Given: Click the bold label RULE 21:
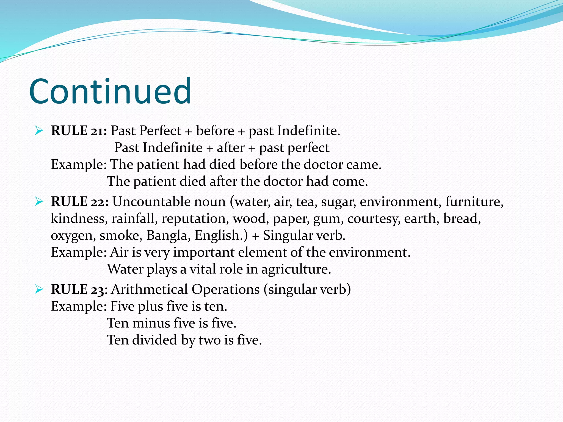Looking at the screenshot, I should coord(79,131).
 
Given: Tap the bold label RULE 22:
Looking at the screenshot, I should coord(80,202).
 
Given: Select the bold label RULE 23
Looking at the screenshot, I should coord(78,289).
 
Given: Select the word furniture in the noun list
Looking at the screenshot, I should coord(474,202).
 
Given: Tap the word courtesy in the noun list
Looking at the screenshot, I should coord(374,219).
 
